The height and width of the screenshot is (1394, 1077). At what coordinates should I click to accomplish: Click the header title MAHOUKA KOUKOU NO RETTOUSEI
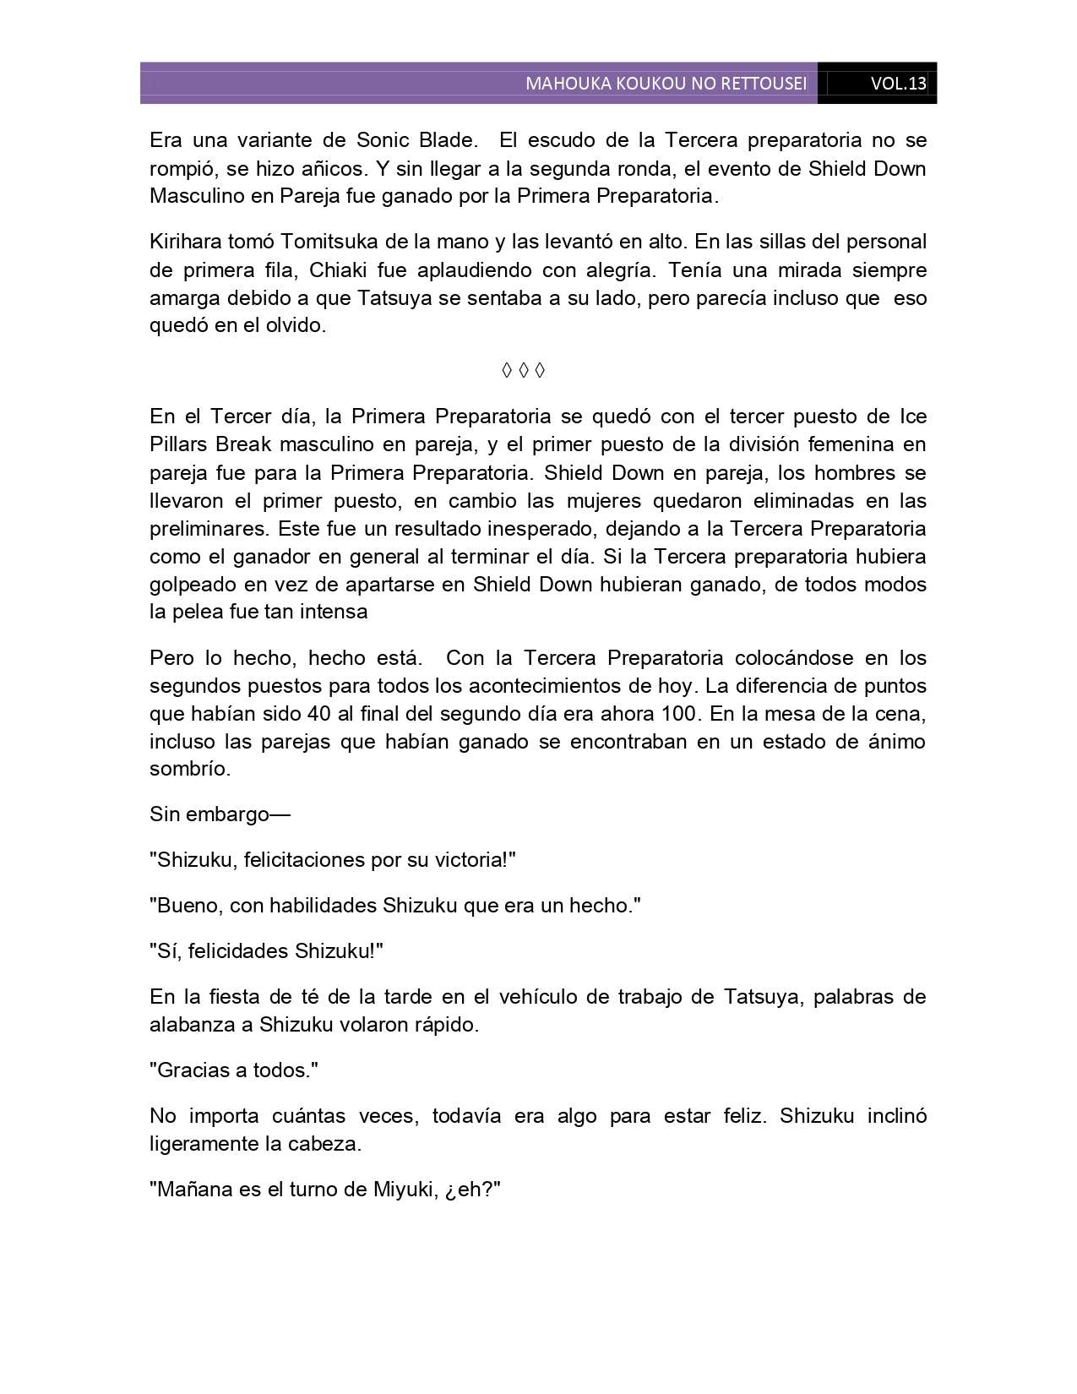(666, 84)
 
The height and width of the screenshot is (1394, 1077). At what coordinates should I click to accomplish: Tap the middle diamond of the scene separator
(523, 370)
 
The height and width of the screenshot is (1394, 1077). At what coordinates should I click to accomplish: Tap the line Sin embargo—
(220, 814)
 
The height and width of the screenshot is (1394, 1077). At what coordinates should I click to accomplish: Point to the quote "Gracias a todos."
(234, 1070)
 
